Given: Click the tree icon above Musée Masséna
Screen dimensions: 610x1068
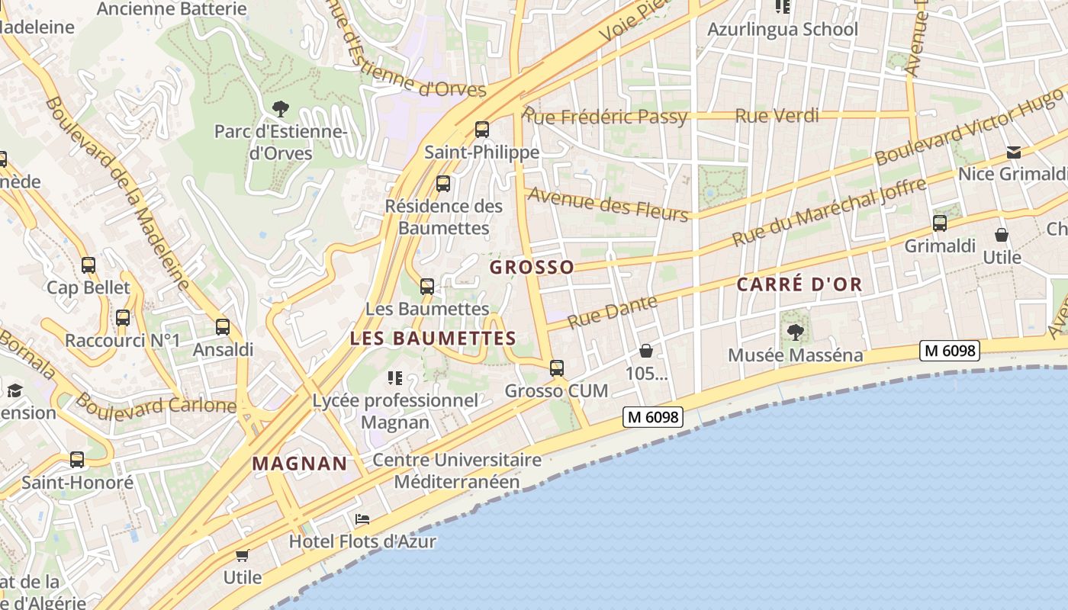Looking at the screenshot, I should tap(795, 332).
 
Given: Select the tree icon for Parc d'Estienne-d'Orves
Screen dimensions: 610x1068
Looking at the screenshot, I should tap(281, 109).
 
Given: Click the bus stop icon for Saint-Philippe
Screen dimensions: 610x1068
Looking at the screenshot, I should tap(481, 130).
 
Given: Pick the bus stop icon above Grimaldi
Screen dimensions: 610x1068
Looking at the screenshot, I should tap(940, 223).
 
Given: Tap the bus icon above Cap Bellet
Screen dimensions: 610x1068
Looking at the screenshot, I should tap(88, 265).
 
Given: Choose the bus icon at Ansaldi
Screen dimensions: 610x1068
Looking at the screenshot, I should tap(223, 327).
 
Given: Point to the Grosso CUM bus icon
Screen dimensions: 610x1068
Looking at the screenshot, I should tap(557, 368).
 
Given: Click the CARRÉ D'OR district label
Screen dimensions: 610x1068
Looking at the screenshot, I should tap(799, 284).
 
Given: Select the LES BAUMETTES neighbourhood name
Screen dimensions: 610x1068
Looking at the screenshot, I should tap(433, 339).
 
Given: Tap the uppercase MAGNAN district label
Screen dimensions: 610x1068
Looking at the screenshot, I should tap(300, 464).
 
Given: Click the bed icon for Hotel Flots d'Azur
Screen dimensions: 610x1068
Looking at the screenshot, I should tap(362, 519).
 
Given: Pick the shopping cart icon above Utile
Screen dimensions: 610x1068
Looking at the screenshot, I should tap(243, 555).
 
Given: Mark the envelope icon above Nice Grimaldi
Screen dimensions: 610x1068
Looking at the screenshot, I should tap(1013, 152).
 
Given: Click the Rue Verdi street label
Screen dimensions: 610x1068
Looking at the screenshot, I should tap(777, 116).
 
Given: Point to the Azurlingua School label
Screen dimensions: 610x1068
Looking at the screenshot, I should tap(783, 30).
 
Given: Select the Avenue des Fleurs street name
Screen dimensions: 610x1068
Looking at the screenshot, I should tap(608, 203).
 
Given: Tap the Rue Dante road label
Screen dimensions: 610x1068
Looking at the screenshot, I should tap(612, 312).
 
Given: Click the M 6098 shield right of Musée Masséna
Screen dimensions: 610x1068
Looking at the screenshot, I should tap(949, 351).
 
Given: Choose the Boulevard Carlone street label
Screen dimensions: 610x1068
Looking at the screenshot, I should tap(156, 403).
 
